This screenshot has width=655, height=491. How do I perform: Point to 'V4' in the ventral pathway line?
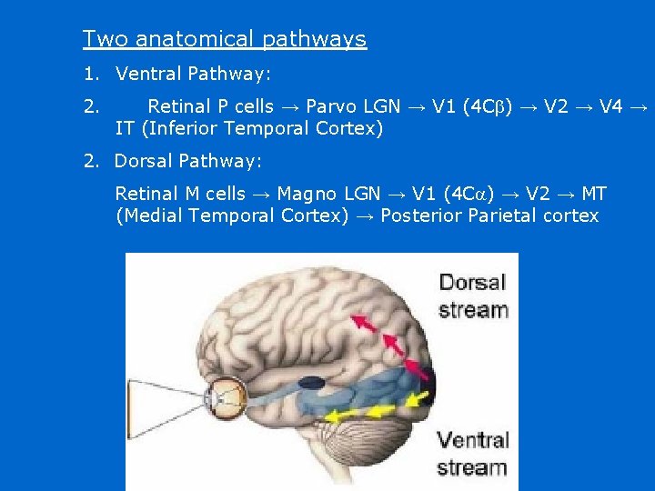(x=611, y=107)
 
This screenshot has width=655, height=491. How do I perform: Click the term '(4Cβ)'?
(x=487, y=107)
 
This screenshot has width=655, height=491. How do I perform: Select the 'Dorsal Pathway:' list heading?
(x=187, y=162)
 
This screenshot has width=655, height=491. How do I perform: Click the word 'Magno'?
(x=302, y=195)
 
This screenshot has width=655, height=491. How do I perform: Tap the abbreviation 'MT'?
(x=594, y=195)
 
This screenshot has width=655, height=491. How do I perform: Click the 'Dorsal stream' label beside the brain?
(x=472, y=296)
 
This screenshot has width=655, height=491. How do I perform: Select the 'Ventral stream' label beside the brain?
(x=471, y=455)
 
